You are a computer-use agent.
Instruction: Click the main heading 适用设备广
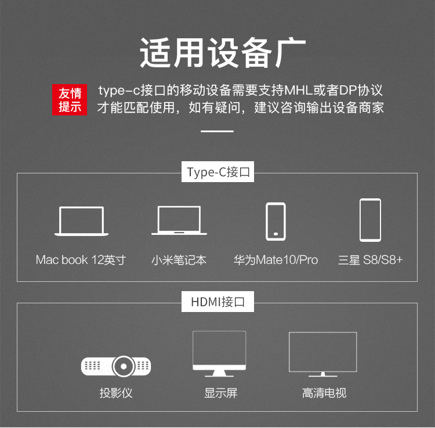click(223, 53)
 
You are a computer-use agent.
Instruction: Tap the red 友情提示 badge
click(70, 100)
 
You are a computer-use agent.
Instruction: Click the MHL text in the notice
click(299, 90)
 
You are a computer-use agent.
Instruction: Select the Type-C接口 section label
click(217, 172)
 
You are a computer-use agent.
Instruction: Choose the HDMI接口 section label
click(217, 302)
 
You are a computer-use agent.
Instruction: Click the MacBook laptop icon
click(81, 221)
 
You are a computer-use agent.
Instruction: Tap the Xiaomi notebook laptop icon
click(179, 220)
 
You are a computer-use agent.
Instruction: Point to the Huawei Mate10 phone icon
click(275, 222)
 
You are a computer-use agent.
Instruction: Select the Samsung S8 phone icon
click(370, 220)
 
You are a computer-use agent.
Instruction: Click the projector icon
click(116, 366)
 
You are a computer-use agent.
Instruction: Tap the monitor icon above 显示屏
click(219, 354)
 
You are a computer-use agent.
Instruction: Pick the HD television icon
click(322, 354)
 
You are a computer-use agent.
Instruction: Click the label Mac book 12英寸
click(81, 260)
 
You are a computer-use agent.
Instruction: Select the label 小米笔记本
click(179, 260)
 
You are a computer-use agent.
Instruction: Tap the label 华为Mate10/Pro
click(275, 260)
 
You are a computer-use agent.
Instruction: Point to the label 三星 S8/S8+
click(370, 260)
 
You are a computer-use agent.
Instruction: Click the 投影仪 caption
click(116, 393)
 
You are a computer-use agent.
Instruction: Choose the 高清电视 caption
click(324, 393)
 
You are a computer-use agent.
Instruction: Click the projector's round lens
click(124, 366)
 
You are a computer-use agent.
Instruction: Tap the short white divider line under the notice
click(217, 131)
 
